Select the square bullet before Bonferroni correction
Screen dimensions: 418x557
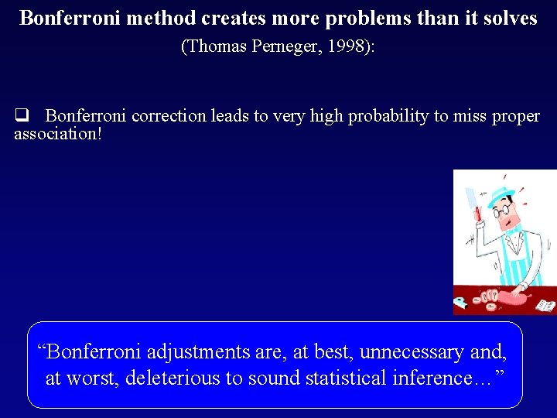click(22, 116)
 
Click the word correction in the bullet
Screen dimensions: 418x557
click(165, 116)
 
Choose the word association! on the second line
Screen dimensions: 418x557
click(58, 134)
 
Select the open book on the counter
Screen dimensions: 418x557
click(545, 305)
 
